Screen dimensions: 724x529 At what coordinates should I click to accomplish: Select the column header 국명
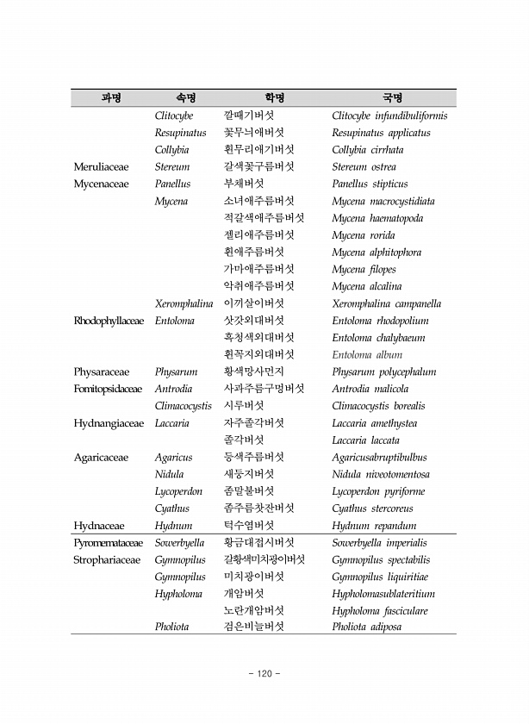pos(392,97)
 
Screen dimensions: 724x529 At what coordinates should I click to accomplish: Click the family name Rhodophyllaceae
pos(109,321)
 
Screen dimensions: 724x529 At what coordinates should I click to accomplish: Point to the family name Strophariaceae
pos(107,560)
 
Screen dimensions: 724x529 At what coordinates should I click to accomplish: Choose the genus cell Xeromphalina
pos(184,303)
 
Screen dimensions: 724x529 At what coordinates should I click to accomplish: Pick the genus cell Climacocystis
pos(183,406)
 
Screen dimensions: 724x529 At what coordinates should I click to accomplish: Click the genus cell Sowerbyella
pos(179,543)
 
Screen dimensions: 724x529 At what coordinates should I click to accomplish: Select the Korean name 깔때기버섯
pos(249,115)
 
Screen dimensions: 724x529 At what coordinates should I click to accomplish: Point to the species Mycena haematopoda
pos(377,218)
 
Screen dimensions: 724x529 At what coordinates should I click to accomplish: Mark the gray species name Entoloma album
pos(367,355)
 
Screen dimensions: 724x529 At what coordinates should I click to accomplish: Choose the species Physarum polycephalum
pos(383,372)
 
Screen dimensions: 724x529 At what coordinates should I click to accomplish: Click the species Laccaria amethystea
pos(374,423)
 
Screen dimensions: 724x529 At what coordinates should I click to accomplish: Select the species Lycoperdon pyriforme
pos(378,491)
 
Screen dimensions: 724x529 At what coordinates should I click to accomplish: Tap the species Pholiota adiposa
pos(366,627)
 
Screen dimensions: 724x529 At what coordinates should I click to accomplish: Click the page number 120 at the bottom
pos(264,674)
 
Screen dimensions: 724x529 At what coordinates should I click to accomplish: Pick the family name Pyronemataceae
pos(108,543)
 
